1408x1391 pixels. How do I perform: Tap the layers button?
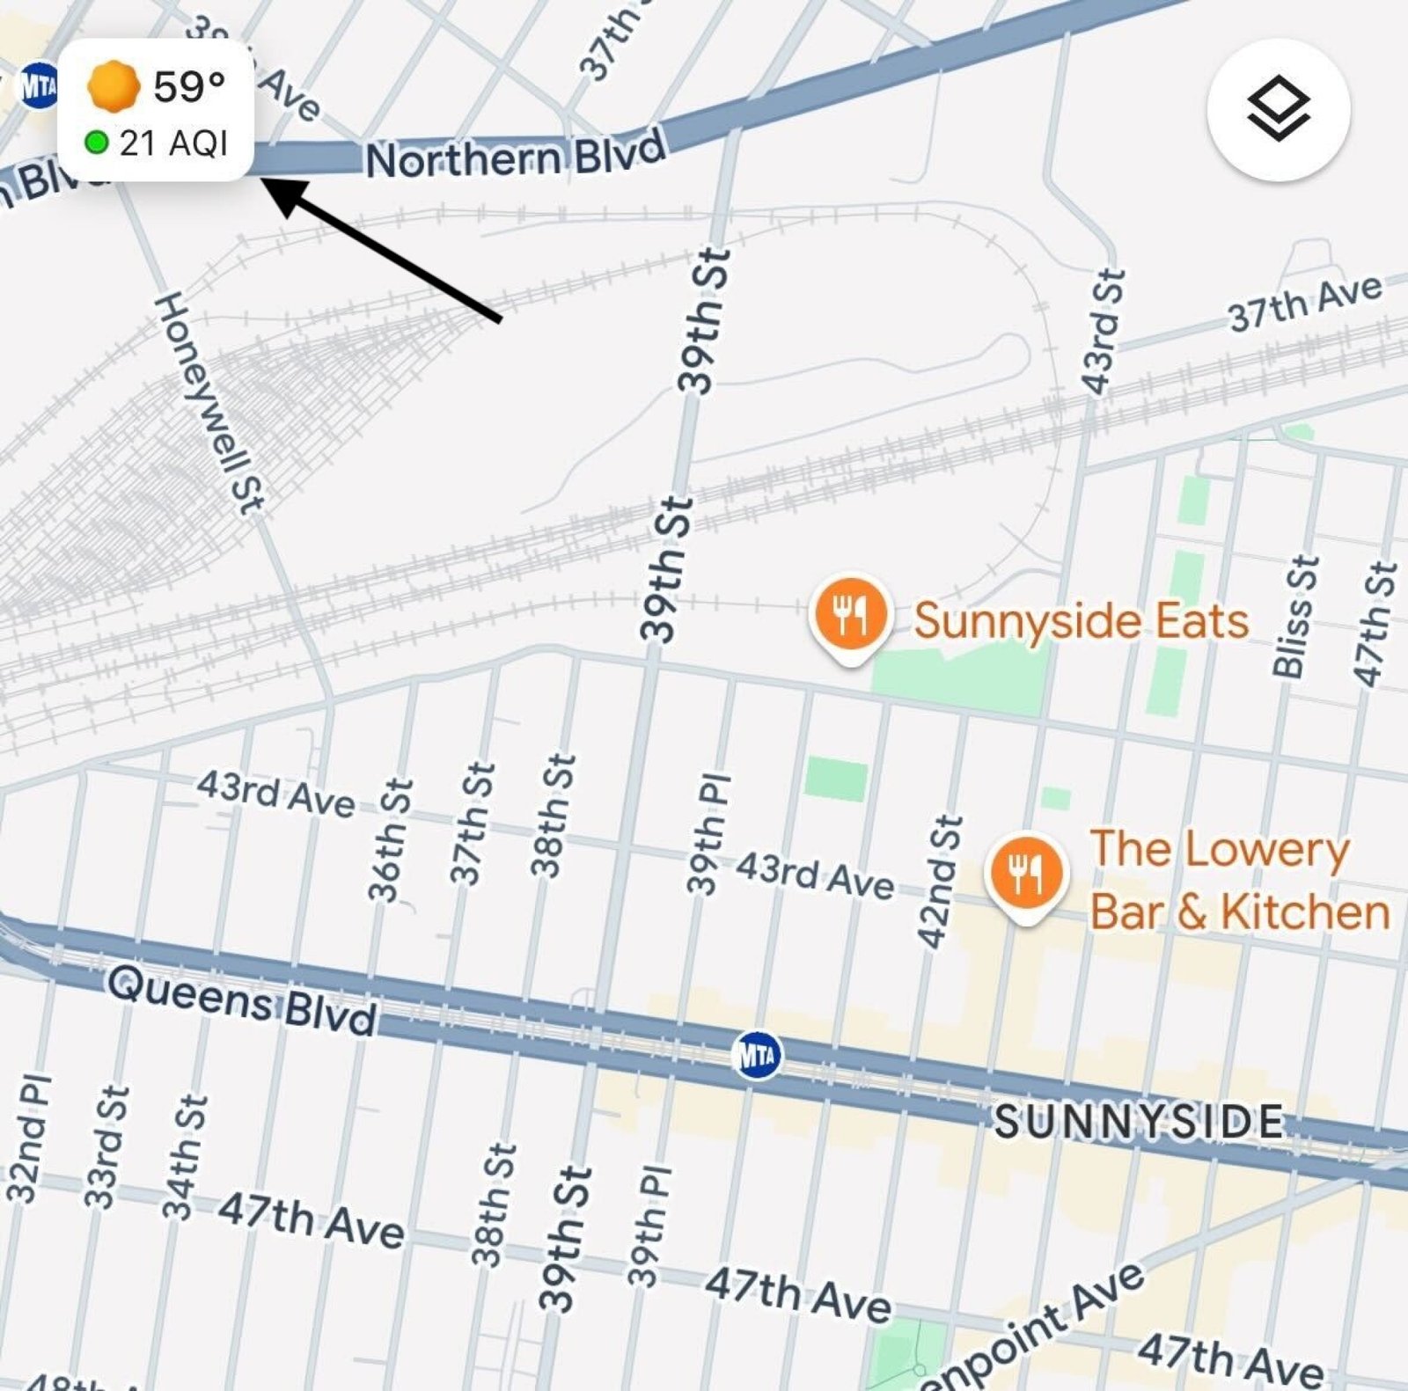tap(1278, 109)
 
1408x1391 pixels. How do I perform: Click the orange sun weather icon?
tap(114, 86)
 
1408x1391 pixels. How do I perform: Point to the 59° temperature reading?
tap(189, 86)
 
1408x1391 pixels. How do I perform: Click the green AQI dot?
tap(96, 142)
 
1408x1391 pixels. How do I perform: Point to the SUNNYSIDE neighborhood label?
tap(1140, 1121)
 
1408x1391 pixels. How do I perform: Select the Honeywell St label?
tap(209, 402)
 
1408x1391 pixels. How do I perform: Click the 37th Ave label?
tap(1305, 302)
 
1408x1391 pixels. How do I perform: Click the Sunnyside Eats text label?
tap(1081, 620)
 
